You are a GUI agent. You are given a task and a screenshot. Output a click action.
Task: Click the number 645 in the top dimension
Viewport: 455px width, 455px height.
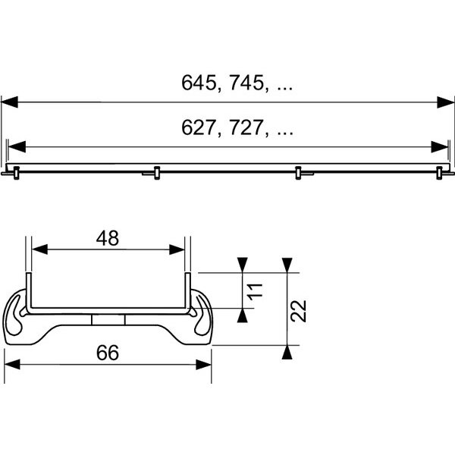pos(199,83)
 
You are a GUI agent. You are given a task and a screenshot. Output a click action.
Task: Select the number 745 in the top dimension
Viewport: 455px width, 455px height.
pos(247,83)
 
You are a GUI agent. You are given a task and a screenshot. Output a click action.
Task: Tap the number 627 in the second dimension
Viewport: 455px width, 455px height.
pos(199,127)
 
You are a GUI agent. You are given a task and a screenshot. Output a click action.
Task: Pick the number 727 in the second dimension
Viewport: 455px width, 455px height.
pos(247,127)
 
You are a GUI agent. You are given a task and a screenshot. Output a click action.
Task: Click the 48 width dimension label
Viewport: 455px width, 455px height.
pos(108,238)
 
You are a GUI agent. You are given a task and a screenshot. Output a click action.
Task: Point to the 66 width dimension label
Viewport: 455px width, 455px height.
pos(108,353)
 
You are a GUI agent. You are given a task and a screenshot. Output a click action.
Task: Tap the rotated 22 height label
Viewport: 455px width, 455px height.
pos(299,311)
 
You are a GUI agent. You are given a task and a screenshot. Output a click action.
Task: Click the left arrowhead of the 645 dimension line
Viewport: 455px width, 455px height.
pos(10,102)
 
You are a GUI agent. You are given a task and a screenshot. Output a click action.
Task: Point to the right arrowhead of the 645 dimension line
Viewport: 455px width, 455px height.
pos(445,102)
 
